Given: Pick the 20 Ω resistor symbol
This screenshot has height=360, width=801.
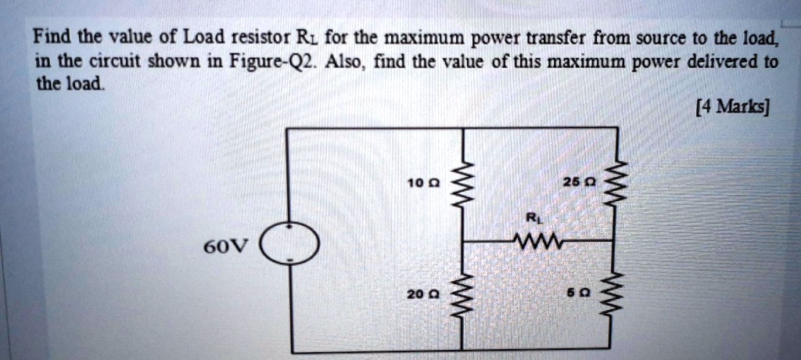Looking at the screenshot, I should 467,294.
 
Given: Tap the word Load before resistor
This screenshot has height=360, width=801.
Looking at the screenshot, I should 203,36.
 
